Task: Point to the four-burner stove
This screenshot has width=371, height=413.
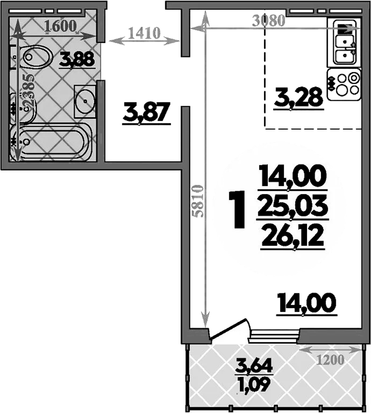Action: pos(344,84)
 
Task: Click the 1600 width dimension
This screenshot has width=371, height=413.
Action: pos(61,26)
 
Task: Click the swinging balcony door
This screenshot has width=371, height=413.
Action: pos(229,330)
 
